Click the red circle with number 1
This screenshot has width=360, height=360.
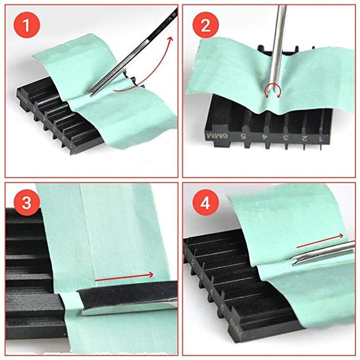[x=26, y=26]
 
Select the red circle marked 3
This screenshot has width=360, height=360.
[x=26, y=203]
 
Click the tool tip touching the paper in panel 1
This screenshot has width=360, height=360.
[x=92, y=94]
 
